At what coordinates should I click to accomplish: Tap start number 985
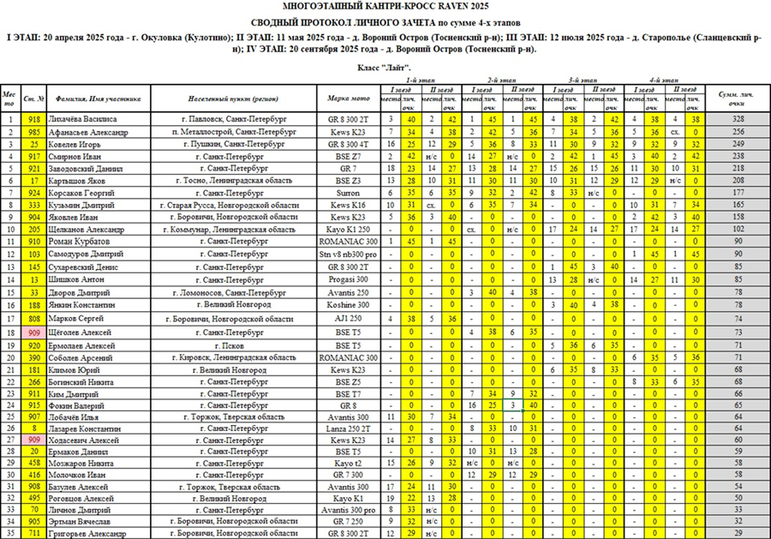(x=34, y=132)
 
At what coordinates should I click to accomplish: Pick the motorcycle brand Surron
(x=349, y=194)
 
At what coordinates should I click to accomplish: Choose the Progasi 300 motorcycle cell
(x=349, y=280)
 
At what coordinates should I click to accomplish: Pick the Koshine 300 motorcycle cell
(x=349, y=305)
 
